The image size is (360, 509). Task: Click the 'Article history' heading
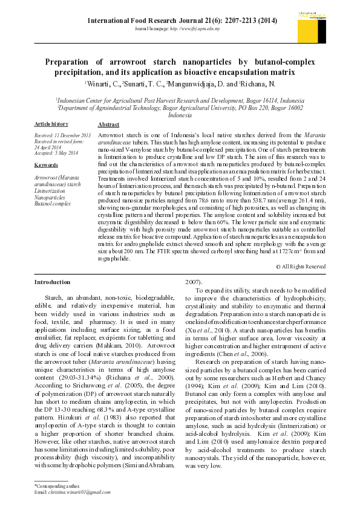(51, 124)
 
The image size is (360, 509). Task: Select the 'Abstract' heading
(108, 124)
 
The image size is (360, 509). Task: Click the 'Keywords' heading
(47, 164)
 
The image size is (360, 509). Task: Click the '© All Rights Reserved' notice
(301, 267)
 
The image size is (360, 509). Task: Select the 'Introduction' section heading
(53, 282)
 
